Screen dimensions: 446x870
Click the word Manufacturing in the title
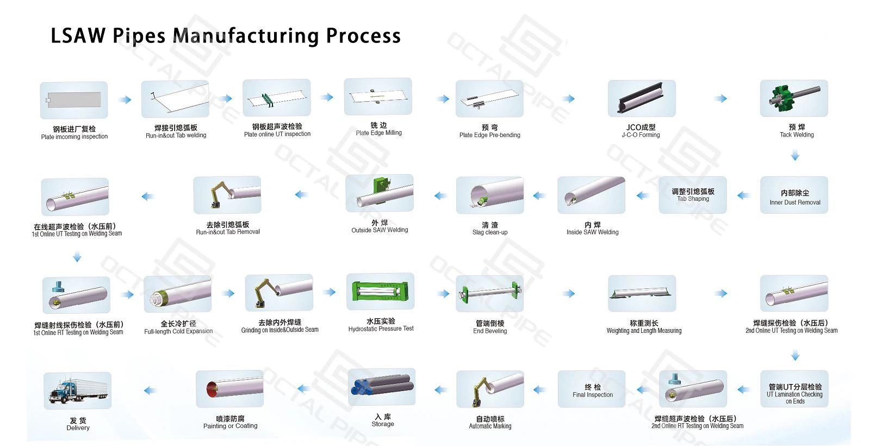246,36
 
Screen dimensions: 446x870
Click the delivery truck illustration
77,391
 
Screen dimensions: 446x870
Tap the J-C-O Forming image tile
642,98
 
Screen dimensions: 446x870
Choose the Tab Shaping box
693,195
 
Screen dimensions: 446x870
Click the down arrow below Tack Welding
795,157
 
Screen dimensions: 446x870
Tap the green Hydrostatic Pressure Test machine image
381,292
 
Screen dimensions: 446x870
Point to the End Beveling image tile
489,293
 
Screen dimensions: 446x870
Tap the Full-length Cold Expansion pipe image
178,294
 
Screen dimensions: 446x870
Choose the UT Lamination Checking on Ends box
794,389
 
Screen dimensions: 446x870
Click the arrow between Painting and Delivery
150,391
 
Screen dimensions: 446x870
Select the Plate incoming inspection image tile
74,100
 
